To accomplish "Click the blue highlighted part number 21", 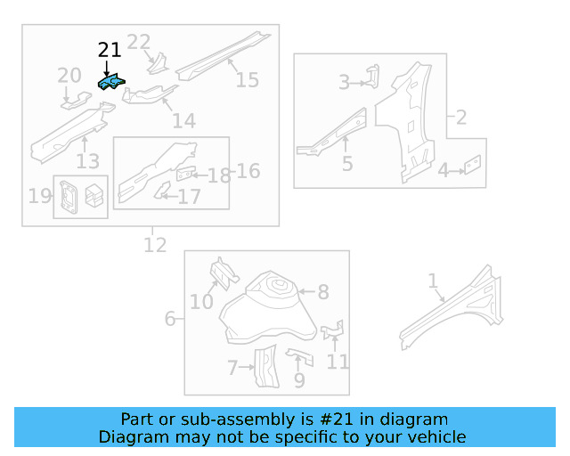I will (112, 84).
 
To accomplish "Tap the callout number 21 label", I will (109, 51).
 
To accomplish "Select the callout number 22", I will (139, 42).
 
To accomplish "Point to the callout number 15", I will (247, 80).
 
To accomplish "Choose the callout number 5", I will (347, 163).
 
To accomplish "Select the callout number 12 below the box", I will (155, 244).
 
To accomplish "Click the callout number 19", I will (39, 196).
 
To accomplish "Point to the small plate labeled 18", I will (186, 174).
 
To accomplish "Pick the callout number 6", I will (169, 318).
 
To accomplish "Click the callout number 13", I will (87, 161).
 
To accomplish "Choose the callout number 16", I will (248, 170).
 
